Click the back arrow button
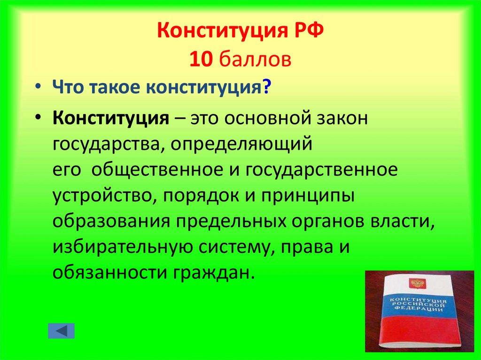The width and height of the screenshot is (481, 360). click(61, 330)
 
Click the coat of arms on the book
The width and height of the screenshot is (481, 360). click(415, 283)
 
